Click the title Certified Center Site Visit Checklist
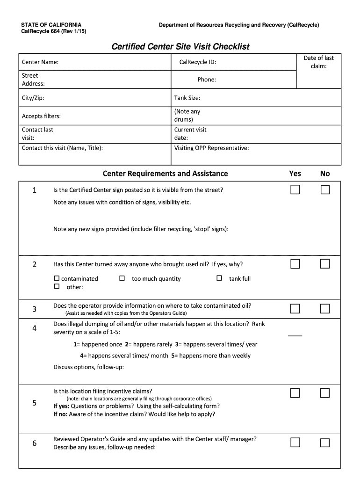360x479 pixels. (x=180, y=46)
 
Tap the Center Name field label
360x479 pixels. (x=40, y=62)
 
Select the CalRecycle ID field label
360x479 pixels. (x=198, y=62)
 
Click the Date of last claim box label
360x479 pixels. (x=318, y=62)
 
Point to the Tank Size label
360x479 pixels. (x=187, y=98)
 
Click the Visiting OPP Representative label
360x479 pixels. (x=211, y=148)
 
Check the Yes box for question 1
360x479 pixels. (x=295, y=189)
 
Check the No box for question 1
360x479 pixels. (x=325, y=189)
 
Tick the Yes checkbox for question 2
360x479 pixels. (x=295, y=264)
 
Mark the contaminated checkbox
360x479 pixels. (x=57, y=278)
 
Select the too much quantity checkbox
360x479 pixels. (x=122, y=278)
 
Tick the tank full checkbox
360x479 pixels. (x=219, y=278)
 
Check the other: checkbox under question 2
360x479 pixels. (x=57, y=286)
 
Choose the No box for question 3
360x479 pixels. (x=325, y=308)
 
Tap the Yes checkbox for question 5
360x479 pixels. (x=295, y=393)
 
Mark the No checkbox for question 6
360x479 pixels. (x=325, y=443)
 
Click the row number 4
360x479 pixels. (x=35, y=328)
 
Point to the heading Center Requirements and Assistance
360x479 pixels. (x=165, y=174)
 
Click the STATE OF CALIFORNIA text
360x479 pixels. (x=51, y=25)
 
